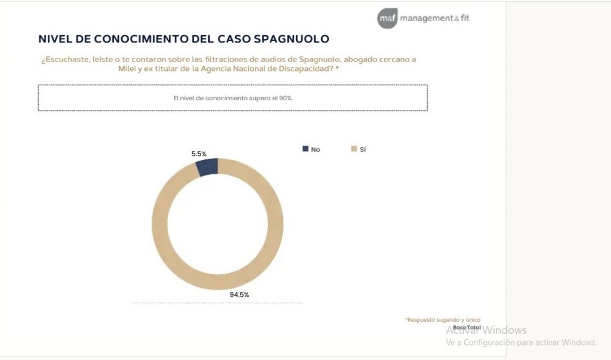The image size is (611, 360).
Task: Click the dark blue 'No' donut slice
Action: point(207,167)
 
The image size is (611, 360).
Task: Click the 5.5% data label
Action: point(199,153)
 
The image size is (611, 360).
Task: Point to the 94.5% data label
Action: point(239,294)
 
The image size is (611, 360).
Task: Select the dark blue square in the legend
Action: point(306,149)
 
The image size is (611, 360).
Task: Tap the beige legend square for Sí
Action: point(354,149)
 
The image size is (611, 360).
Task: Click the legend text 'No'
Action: point(316,149)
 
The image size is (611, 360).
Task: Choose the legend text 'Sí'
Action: point(362,149)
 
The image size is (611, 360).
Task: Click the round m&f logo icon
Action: point(387,19)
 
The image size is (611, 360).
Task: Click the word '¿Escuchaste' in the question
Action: point(61,59)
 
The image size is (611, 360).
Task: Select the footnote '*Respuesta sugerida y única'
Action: point(443,320)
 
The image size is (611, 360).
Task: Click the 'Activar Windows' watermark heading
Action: point(486,330)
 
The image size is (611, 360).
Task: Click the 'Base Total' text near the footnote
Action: point(467,327)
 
